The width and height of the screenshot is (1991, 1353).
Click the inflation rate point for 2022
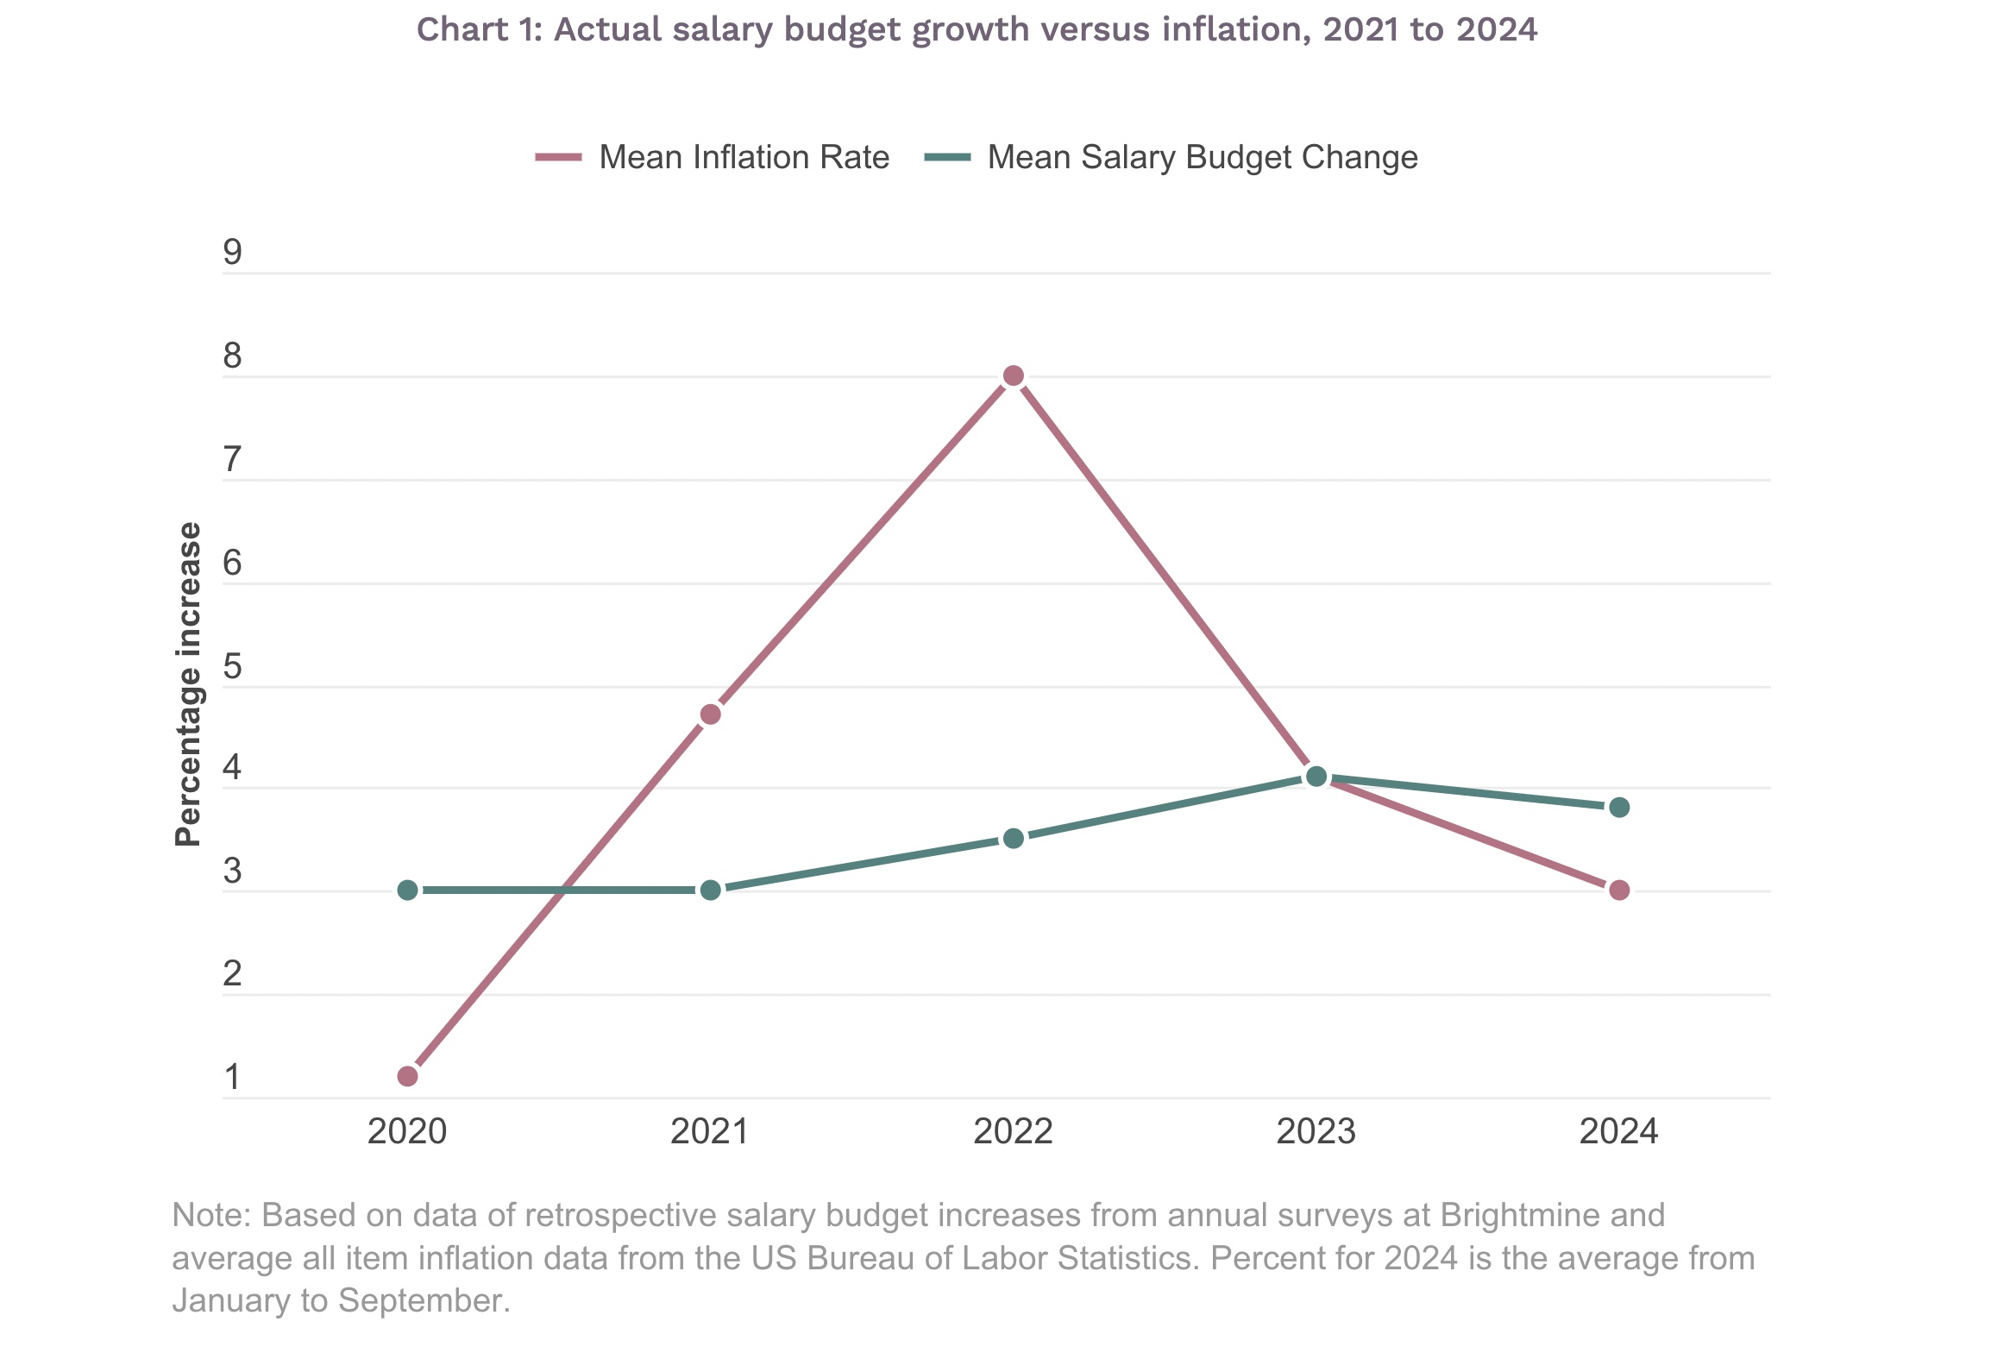coord(1014,376)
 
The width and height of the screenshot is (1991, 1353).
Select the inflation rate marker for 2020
coord(408,1076)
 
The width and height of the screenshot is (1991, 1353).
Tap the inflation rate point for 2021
coord(711,714)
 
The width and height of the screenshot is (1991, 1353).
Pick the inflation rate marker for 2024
coord(1619,890)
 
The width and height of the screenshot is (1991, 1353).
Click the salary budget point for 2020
coord(408,890)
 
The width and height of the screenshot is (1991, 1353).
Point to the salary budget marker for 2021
coord(711,890)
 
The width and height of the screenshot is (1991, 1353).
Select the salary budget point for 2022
coord(1014,839)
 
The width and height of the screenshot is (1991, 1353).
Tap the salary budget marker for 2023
coord(1316,777)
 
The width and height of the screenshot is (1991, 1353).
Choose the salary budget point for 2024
coord(1619,808)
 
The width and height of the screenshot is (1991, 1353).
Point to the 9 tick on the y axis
coord(232,253)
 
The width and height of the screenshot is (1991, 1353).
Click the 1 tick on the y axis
coord(232,1078)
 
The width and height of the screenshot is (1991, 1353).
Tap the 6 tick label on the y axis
coord(232,563)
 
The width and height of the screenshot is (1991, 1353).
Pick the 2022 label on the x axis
coord(1014,1131)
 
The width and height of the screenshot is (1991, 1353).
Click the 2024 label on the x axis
coord(1619,1131)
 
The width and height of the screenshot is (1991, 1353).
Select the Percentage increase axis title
coord(188,684)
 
